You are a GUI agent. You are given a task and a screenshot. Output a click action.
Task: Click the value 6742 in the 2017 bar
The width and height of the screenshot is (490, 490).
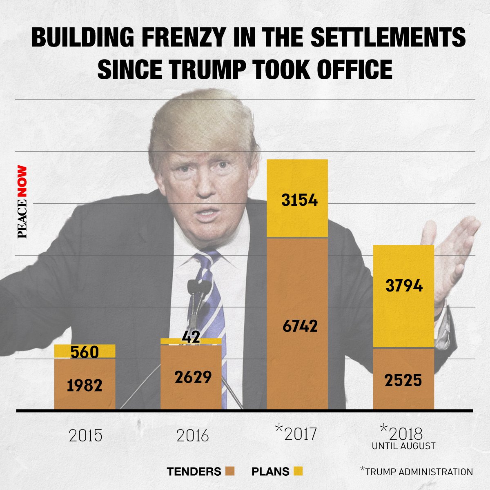(x=300, y=326)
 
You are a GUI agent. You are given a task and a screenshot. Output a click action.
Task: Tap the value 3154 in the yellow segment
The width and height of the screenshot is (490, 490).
(x=300, y=200)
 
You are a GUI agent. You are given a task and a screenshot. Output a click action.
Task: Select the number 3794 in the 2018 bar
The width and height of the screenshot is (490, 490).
(x=404, y=286)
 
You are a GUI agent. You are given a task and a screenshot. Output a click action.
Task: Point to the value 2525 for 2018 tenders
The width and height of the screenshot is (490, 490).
(x=403, y=381)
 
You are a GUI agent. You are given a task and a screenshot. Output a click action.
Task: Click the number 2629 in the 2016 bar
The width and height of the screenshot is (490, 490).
(x=193, y=377)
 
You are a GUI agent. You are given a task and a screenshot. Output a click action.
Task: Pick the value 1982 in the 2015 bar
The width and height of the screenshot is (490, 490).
(x=85, y=385)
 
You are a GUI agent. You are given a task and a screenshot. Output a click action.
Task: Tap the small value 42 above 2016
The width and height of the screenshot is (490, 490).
(x=191, y=337)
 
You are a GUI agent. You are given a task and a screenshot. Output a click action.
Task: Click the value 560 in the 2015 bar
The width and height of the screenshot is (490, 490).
(x=84, y=352)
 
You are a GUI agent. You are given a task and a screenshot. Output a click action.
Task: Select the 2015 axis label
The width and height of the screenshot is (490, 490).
(x=85, y=436)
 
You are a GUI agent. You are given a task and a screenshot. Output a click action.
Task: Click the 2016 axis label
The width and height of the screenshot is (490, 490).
(x=193, y=436)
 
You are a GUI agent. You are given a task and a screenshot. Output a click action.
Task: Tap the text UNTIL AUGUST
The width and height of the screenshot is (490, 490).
(x=403, y=446)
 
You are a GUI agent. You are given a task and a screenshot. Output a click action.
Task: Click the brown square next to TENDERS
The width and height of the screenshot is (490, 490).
(x=229, y=472)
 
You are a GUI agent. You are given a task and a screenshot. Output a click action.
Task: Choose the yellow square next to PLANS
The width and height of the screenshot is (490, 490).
(x=298, y=472)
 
